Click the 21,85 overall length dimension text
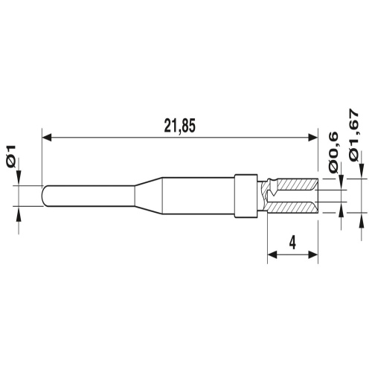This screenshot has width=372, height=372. [x=180, y=126]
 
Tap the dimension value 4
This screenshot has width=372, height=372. [x=292, y=242]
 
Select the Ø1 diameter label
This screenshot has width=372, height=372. [x=12, y=156]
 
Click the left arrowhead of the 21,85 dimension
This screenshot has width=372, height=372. [x=47, y=137]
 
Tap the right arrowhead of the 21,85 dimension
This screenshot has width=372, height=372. [x=313, y=137]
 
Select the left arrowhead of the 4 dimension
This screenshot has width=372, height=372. [x=272, y=254]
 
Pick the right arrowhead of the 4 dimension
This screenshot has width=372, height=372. [x=313, y=254]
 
